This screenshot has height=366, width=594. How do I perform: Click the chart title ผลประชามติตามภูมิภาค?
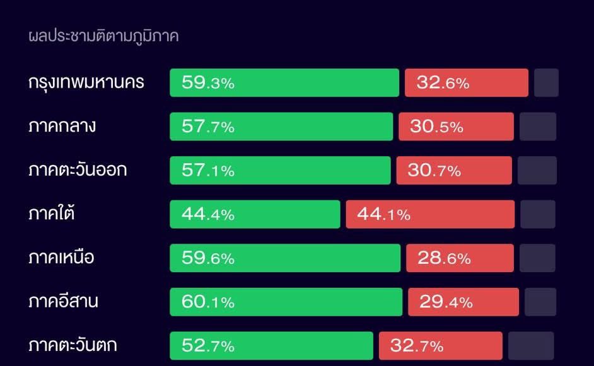(104, 37)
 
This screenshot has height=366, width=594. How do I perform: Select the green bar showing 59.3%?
(284, 83)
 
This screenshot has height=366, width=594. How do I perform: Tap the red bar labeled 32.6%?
(466, 83)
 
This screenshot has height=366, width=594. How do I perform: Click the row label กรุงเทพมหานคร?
(86, 83)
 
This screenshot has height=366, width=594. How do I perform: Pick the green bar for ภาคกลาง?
(281, 127)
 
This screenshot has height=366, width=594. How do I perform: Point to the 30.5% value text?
(436, 127)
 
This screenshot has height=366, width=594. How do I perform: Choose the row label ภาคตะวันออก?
(78, 171)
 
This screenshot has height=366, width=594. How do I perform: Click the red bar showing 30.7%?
(454, 171)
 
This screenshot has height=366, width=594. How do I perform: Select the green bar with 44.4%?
(255, 214)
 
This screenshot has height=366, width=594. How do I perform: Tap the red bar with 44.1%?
(430, 214)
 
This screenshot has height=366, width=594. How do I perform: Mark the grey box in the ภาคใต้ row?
(538, 214)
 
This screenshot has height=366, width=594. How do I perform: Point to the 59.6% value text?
(208, 258)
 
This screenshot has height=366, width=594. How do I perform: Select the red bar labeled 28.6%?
(460, 258)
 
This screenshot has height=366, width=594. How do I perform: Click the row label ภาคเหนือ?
(61, 258)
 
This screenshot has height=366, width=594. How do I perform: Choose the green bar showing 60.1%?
(286, 302)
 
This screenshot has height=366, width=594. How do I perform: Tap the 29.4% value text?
(446, 302)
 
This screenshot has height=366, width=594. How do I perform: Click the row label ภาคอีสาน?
(63, 302)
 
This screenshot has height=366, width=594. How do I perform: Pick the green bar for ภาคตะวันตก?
(271, 346)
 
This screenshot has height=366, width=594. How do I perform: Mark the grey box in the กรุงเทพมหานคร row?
(546, 83)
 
